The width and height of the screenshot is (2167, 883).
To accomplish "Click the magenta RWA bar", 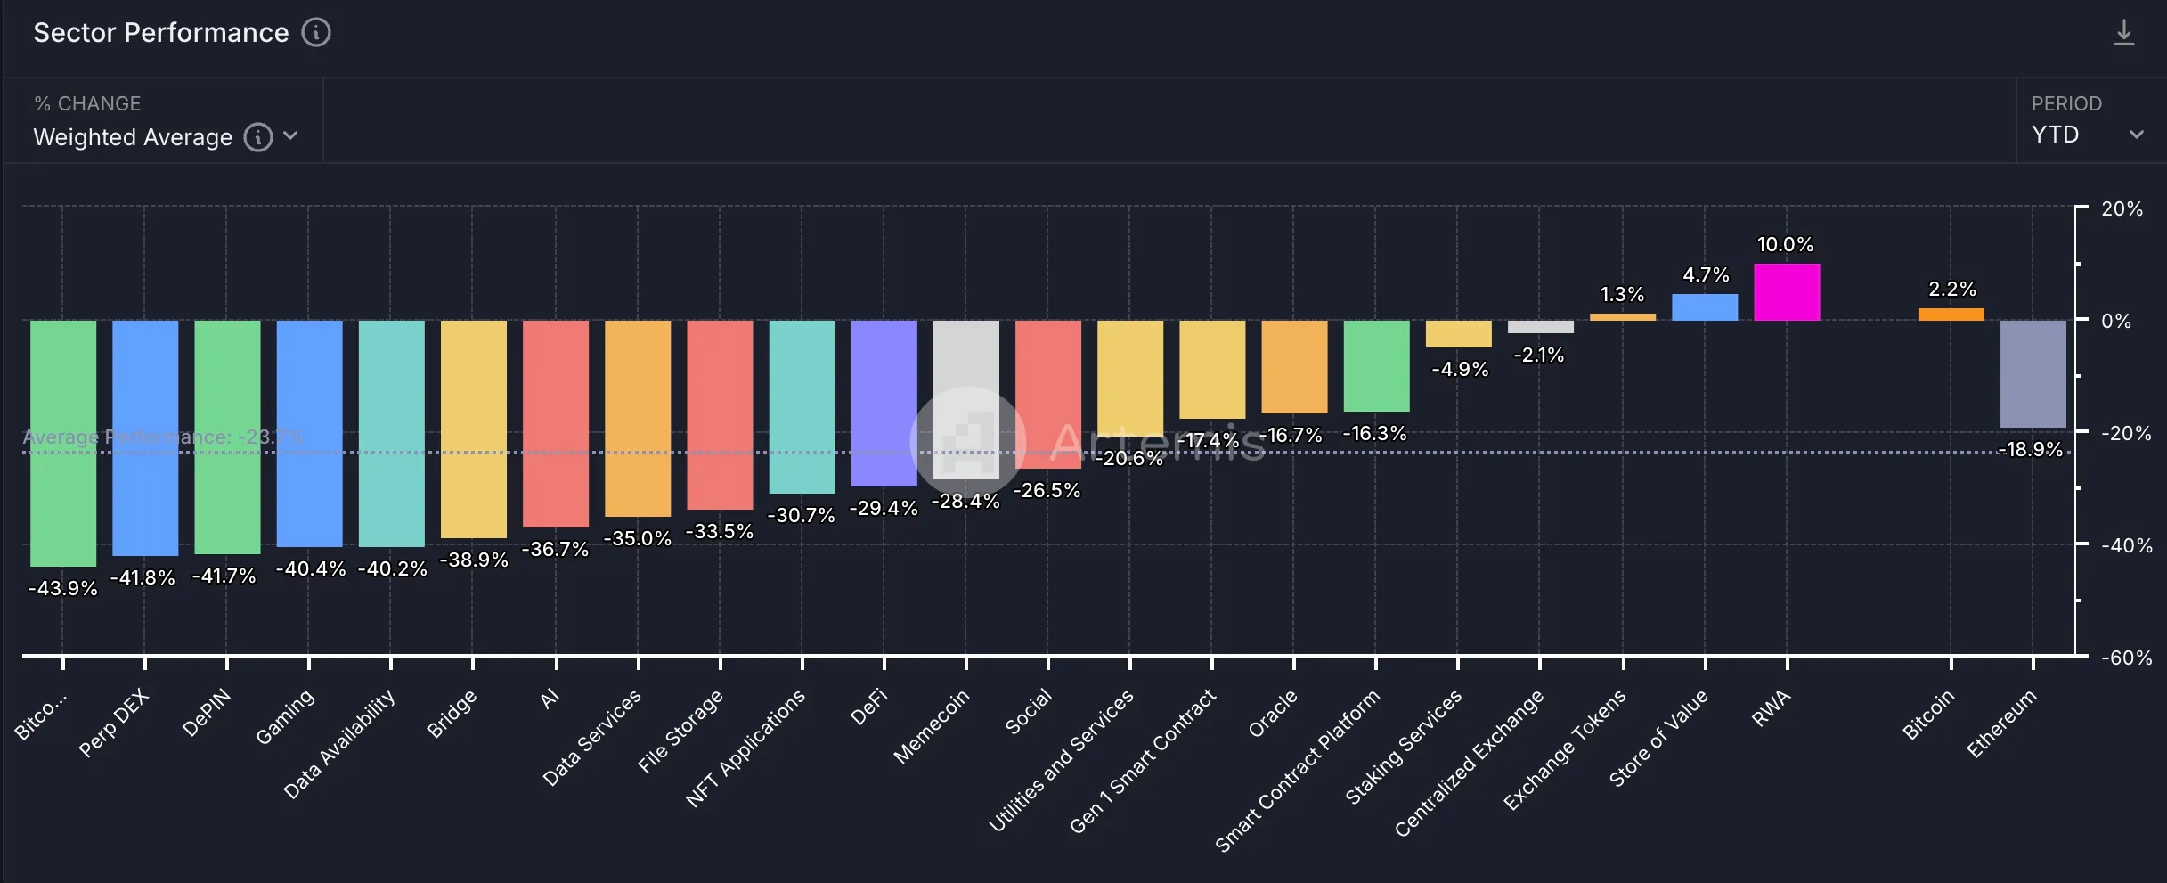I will (x=1787, y=292).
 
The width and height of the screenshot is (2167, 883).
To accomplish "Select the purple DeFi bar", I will (x=884, y=403).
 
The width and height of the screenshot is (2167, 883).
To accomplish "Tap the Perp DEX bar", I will (x=145, y=437).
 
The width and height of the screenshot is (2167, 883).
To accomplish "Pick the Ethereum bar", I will (x=2033, y=374).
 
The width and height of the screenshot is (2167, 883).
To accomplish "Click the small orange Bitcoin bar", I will (x=1951, y=315).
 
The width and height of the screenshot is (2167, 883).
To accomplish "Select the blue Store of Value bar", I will (x=1705, y=307).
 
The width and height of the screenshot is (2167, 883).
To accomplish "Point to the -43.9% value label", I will (x=62, y=589).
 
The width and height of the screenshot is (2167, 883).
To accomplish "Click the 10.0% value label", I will (x=1785, y=244).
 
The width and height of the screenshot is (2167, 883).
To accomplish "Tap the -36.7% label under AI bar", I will (x=555, y=550).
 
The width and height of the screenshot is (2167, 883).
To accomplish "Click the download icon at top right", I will (x=2124, y=33).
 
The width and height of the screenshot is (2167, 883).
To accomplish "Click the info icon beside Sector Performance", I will (x=316, y=33).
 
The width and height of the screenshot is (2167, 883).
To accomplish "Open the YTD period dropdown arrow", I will (x=2136, y=135).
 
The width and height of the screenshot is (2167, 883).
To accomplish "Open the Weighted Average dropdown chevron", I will (x=290, y=136).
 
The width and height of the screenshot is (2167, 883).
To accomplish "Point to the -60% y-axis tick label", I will (x=2126, y=658).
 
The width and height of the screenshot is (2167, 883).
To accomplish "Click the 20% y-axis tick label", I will (x=2122, y=209).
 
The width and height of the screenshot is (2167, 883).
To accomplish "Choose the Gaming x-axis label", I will (x=285, y=716).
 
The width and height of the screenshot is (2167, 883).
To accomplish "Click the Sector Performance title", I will (x=161, y=33).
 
